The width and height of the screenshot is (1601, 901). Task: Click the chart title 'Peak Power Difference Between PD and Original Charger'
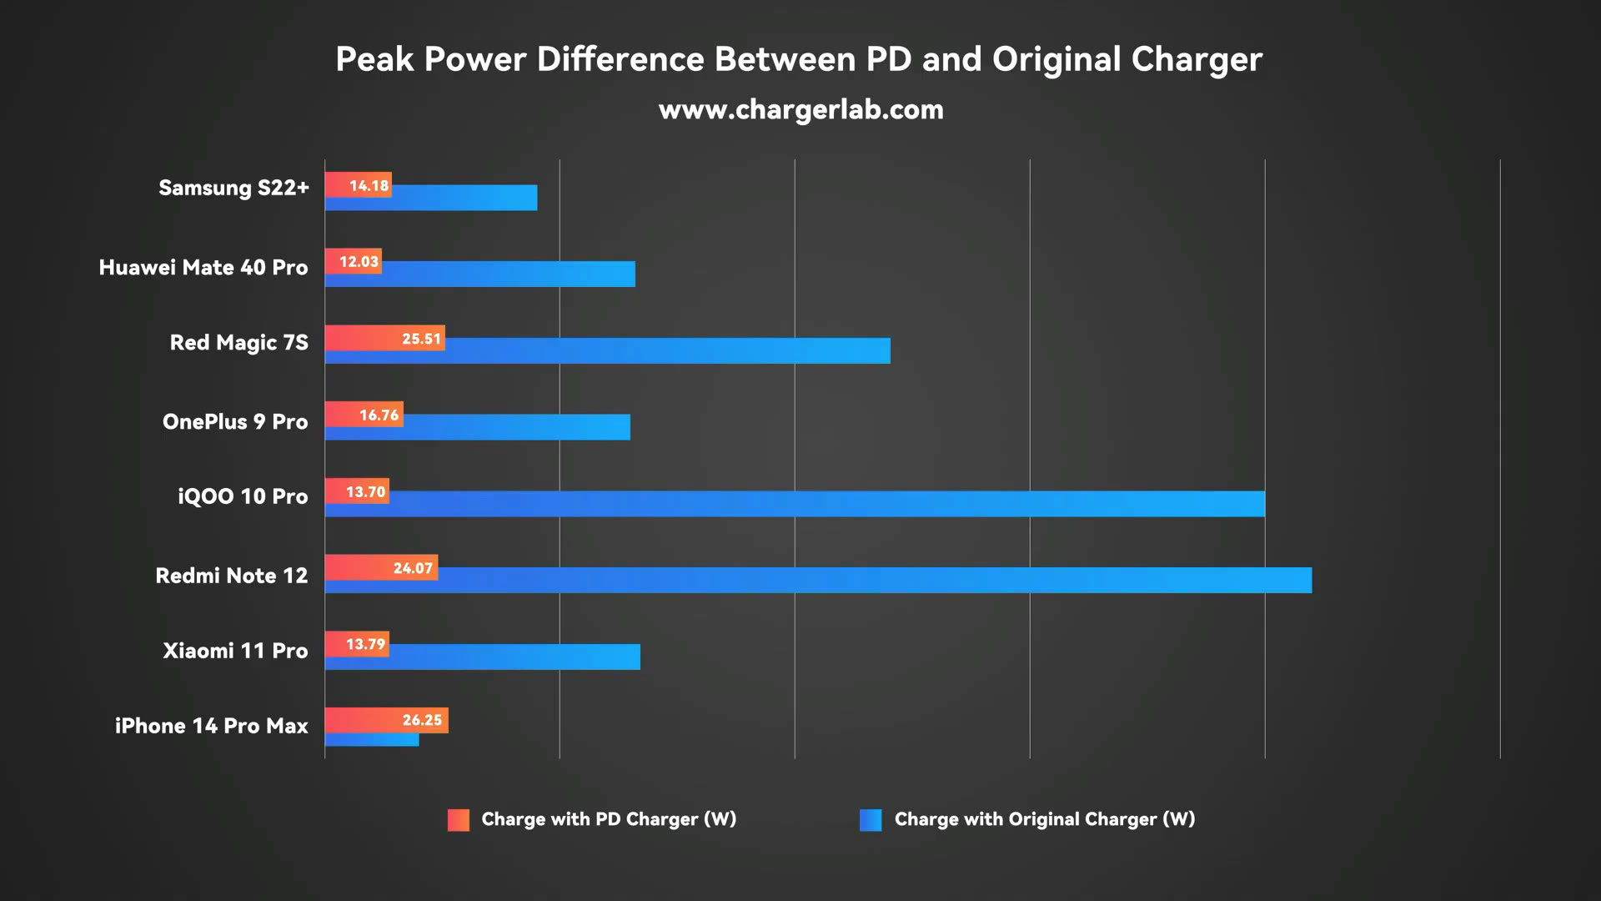click(x=799, y=59)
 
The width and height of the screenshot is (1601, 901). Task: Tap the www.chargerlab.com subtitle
click(x=800, y=109)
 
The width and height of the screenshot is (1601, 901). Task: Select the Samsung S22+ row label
click(x=233, y=188)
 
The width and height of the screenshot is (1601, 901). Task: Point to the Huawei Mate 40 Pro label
click(x=203, y=267)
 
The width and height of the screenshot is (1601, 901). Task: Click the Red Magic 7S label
click(x=238, y=343)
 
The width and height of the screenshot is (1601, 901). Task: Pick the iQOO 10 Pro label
click(x=243, y=496)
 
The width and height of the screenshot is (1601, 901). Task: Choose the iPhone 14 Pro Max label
click(x=211, y=726)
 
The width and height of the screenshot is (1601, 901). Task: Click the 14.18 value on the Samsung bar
click(x=369, y=185)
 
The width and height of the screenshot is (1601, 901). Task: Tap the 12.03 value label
click(x=359, y=262)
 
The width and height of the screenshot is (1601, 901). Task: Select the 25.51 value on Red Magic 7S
click(x=421, y=339)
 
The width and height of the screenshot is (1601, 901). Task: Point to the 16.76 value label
click(x=379, y=415)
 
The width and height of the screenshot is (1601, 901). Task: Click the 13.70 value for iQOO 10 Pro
click(x=365, y=491)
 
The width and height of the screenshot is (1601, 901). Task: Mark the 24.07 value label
click(x=413, y=568)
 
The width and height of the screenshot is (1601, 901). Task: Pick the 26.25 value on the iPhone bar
click(x=422, y=720)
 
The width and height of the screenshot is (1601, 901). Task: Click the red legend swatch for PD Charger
click(x=458, y=820)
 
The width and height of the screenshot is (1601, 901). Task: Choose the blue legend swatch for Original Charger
click(x=871, y=820)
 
